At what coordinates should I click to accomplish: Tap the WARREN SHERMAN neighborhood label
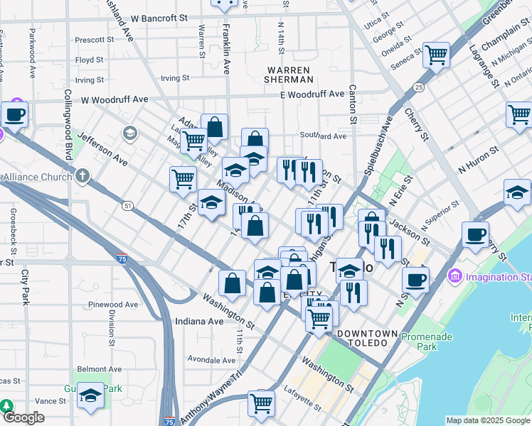coord(288,75)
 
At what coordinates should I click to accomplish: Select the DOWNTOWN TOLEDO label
coord(367,338)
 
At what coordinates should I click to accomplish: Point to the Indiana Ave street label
coord(199,322)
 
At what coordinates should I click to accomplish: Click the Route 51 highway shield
coord(127,205)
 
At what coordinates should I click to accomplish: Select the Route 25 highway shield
coord(419,87)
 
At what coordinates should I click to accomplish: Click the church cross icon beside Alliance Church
coord(83,175)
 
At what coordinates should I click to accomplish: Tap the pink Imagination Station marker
coord(455,275)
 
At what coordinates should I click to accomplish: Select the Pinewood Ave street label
coord(113,305)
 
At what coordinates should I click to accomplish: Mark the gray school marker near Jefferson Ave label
coord(129,133)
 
